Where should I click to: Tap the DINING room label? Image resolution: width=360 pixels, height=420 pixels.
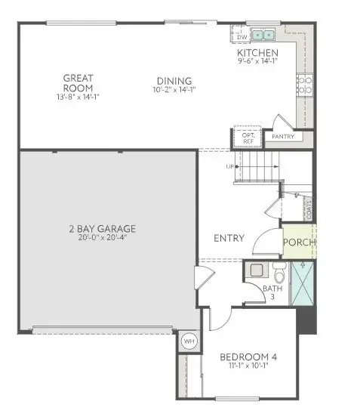point(174,82)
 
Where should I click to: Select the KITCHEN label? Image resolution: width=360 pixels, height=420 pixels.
point(257,53)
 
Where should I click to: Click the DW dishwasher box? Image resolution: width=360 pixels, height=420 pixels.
point(242,36)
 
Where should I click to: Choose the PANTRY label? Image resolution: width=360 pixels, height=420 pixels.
point(282,137)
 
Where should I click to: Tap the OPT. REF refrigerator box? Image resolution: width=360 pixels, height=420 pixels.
point(248,138)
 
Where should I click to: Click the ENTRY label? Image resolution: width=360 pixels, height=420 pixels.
point(229,238)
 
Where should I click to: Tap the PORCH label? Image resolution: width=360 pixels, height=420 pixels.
point(299,243)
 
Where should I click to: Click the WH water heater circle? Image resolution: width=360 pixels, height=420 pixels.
point(189,341)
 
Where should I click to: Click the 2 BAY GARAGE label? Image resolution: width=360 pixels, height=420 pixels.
point(105,228)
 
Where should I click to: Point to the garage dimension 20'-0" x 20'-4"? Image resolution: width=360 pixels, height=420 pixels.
point(105,239)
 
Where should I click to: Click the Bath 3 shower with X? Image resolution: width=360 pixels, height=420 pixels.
point(304,281)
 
